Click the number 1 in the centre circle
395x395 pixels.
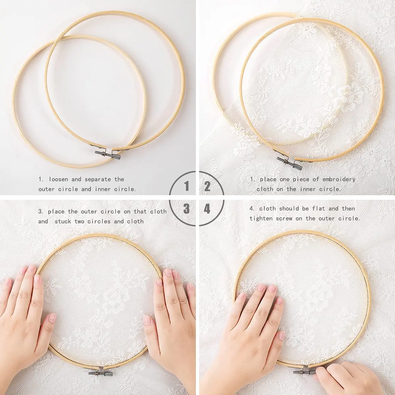pyautogui.click(x=187, y=187)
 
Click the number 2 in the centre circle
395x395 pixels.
pyautogui.click(x=207, y=187)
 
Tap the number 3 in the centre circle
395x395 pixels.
pyautogui.click(x=187, y=208)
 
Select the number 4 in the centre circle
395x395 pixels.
pyautogui.click(x=207, y=208)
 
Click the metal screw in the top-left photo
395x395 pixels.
pyautogui.click(x=105, y=153)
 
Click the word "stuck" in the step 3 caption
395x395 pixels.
pyautogui.click(x=63, y=221)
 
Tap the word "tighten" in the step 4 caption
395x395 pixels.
pyautogui.click(x=261, y=218)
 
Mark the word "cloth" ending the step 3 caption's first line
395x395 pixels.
pyautogui.click(x=158, y=211)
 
